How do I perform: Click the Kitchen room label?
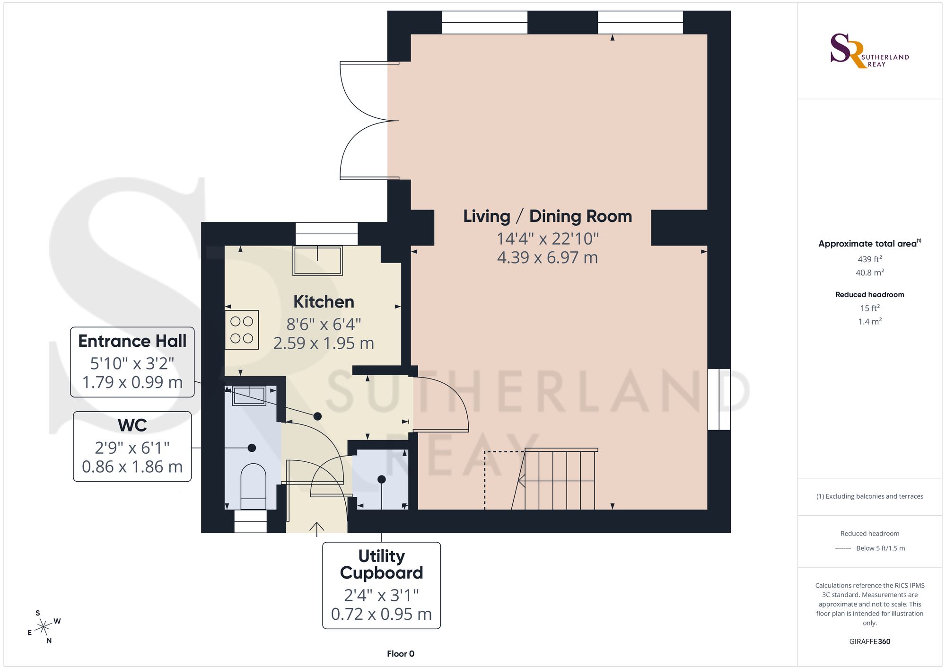pyautogui.click(x=324, y=302)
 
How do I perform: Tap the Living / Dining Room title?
pyautogui.click(x=547, y=216)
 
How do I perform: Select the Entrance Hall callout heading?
pyautogui.click(x=132, y=341)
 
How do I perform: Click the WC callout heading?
pyautogui.click(x=132, y=425)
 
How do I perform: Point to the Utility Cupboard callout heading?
pyautogui.click(x=382, y=564)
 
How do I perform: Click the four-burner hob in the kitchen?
pyautogui.click(x=242, y=330)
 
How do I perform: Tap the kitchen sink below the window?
pyautogui.click(x=317, y=260)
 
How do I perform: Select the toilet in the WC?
pyautogui.click(x=254, y=486)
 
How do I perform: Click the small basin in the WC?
pyautogui.click(x=249, y=396)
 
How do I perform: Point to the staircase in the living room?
pyautogui.click(x=553, y=479)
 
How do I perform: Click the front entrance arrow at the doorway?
pyautogui.click(x=316, y=529)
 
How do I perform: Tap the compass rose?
pyautogui.click(x=44, y=627)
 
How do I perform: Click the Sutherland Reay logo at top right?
pyautogui.click(x=869, y=51)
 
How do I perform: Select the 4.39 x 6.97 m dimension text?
pyautogui.click(x=547, y=258)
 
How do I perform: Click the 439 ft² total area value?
pyautogui.click(x=870, y=259)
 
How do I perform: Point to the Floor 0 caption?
pyautogui.click(x=401, y=654)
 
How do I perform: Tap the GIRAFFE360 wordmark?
pyautogui.click(x=870, y=642)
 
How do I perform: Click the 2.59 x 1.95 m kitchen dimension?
pyautogui.click(x=324, y=343)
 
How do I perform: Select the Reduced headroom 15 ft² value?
pyautogui.click(x=870, y=308)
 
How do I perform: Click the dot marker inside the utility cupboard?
pyautogui.click(x=382, y=480)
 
